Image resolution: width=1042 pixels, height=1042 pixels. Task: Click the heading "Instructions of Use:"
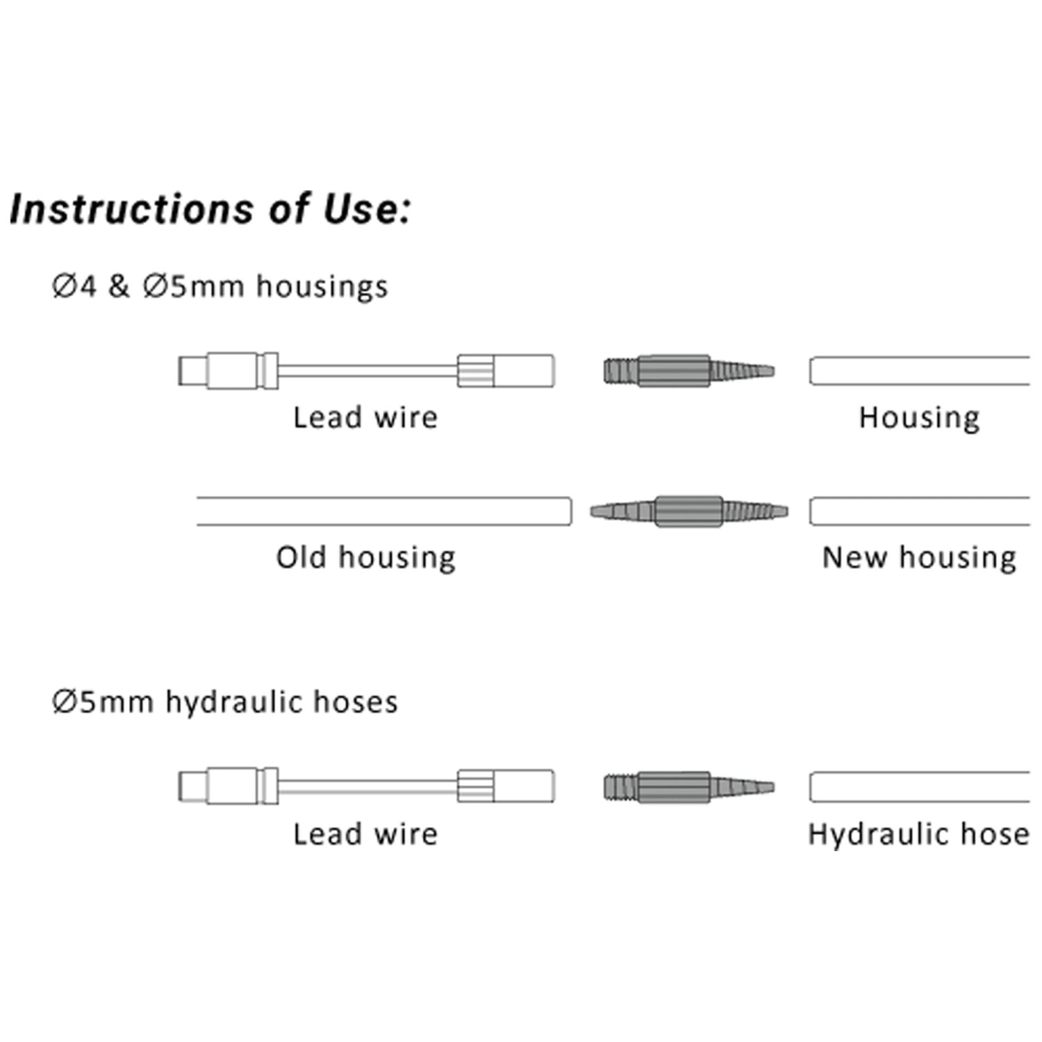[x=210, y=209]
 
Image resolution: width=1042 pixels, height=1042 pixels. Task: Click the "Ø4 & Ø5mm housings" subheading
[x=220, y=287]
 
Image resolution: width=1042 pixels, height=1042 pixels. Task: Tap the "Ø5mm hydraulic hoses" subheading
[x=225, y=702]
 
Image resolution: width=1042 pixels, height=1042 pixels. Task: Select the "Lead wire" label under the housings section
[x=365, y=417]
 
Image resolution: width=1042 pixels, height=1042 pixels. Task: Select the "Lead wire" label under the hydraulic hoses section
[x=365, y=834]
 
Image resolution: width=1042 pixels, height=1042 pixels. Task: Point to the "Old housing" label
[x=366, y=557]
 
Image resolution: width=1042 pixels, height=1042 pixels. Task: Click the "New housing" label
[x=919, y=557]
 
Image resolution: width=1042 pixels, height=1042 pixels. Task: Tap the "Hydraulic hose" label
[x=918, y=834]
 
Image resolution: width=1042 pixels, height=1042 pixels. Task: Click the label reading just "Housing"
[x=919, y=417]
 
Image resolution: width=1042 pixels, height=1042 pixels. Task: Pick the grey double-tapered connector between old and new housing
[x=689, y=512]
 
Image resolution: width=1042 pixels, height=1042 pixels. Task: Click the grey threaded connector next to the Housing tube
[x=688, y=371]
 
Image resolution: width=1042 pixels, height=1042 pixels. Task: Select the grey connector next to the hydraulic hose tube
[x=688, y=787]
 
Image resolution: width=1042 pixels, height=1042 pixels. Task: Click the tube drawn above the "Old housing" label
[x=383, y=511]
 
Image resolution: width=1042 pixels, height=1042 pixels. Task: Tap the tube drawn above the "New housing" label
[x=919, y=511]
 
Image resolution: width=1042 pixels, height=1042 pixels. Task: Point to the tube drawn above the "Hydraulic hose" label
[x=919, y=787]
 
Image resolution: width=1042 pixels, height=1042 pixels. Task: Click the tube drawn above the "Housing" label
[x=919, y=371]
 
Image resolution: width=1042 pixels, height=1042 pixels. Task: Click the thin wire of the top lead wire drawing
[x=368, y=371]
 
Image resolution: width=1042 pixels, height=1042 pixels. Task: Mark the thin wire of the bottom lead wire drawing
[x=368, y=787]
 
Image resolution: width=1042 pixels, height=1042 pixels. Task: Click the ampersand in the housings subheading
[x=119, y=287]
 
